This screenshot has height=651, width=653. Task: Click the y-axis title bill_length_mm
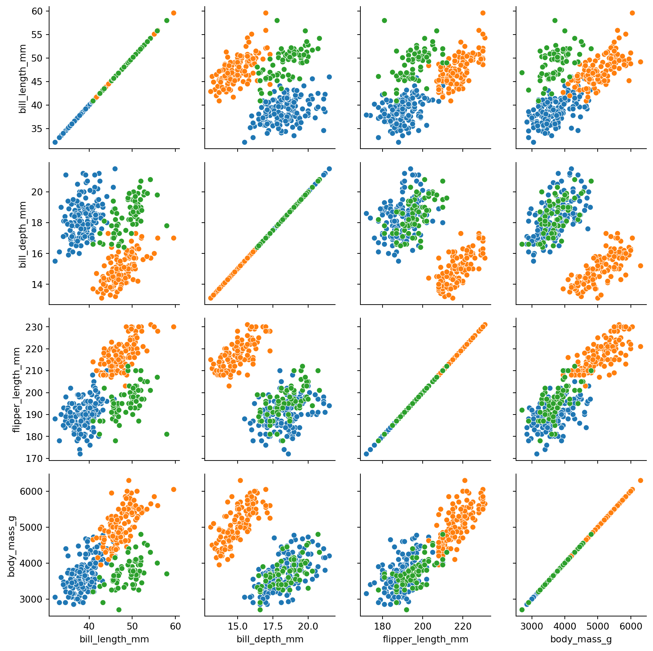click(x=23, y=78)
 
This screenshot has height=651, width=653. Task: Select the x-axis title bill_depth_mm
click(x=270, y=639)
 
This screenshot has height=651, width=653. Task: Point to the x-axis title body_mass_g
click(x=581, y=640)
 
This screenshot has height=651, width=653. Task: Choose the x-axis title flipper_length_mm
click(x=425, y=639)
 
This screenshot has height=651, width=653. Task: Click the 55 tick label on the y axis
click(x=37, y=35)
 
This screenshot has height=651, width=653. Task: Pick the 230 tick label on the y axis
click(x=35, y=327)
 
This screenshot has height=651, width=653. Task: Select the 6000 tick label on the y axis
click(x=31, y=492)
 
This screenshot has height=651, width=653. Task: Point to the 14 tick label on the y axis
click(x=37, y=285)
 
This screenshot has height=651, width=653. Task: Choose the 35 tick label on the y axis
click(x=37, y=129)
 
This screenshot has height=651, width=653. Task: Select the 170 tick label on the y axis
click(x=35, y=459)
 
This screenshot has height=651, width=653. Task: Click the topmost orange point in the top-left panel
click(x=174, y=13)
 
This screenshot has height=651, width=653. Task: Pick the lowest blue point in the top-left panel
click(x=55, y=142)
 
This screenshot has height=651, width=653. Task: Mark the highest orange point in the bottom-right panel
click(x=641, y=481)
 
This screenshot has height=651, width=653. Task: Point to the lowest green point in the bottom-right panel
click(x=522, y=610)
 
